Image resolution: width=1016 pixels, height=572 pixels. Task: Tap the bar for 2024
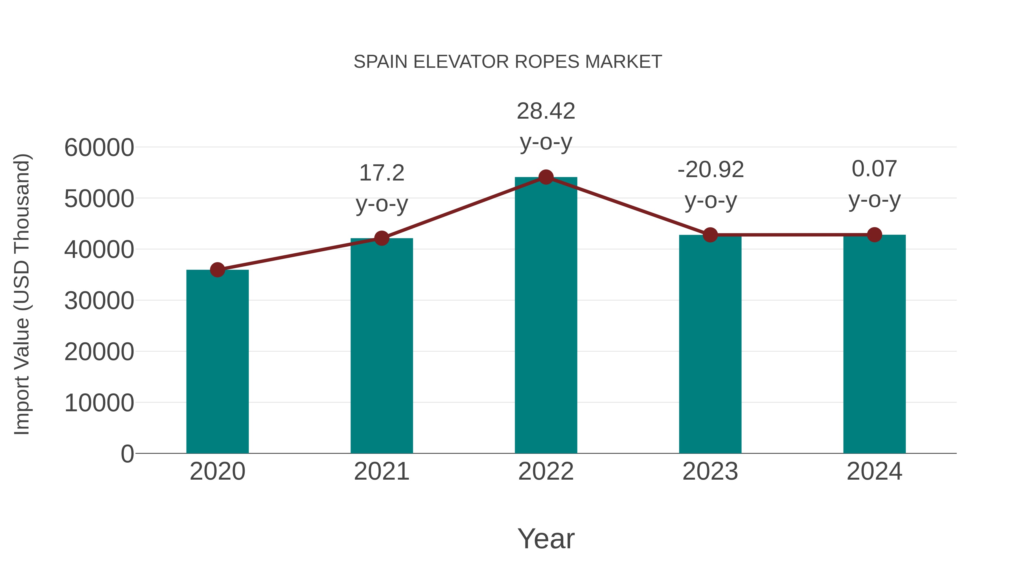[x=874, y=344]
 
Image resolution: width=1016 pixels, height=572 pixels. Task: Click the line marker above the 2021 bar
[x=381, y=238]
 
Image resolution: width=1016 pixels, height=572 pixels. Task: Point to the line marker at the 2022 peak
[x=546, y=177]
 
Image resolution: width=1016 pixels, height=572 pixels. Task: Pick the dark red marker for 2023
[x=710, y=235]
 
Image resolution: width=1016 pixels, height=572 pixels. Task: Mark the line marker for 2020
[x=217, y=270]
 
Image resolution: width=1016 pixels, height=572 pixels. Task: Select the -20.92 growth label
[x=710, y=185]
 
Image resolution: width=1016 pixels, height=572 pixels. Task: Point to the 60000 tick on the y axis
[x=99, y=148]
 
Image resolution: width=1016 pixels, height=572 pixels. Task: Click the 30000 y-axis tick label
[x=99, y=301]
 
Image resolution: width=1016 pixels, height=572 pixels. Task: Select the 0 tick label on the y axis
[x=127, y=454]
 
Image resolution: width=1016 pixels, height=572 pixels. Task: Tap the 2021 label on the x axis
[x=381, y=471]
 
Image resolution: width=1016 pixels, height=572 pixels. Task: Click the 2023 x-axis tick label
[x=710, y=471]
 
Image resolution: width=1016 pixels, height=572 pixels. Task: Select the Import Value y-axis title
[x=22, y=294]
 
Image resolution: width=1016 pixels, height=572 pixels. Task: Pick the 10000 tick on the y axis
[x=99, y=403]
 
